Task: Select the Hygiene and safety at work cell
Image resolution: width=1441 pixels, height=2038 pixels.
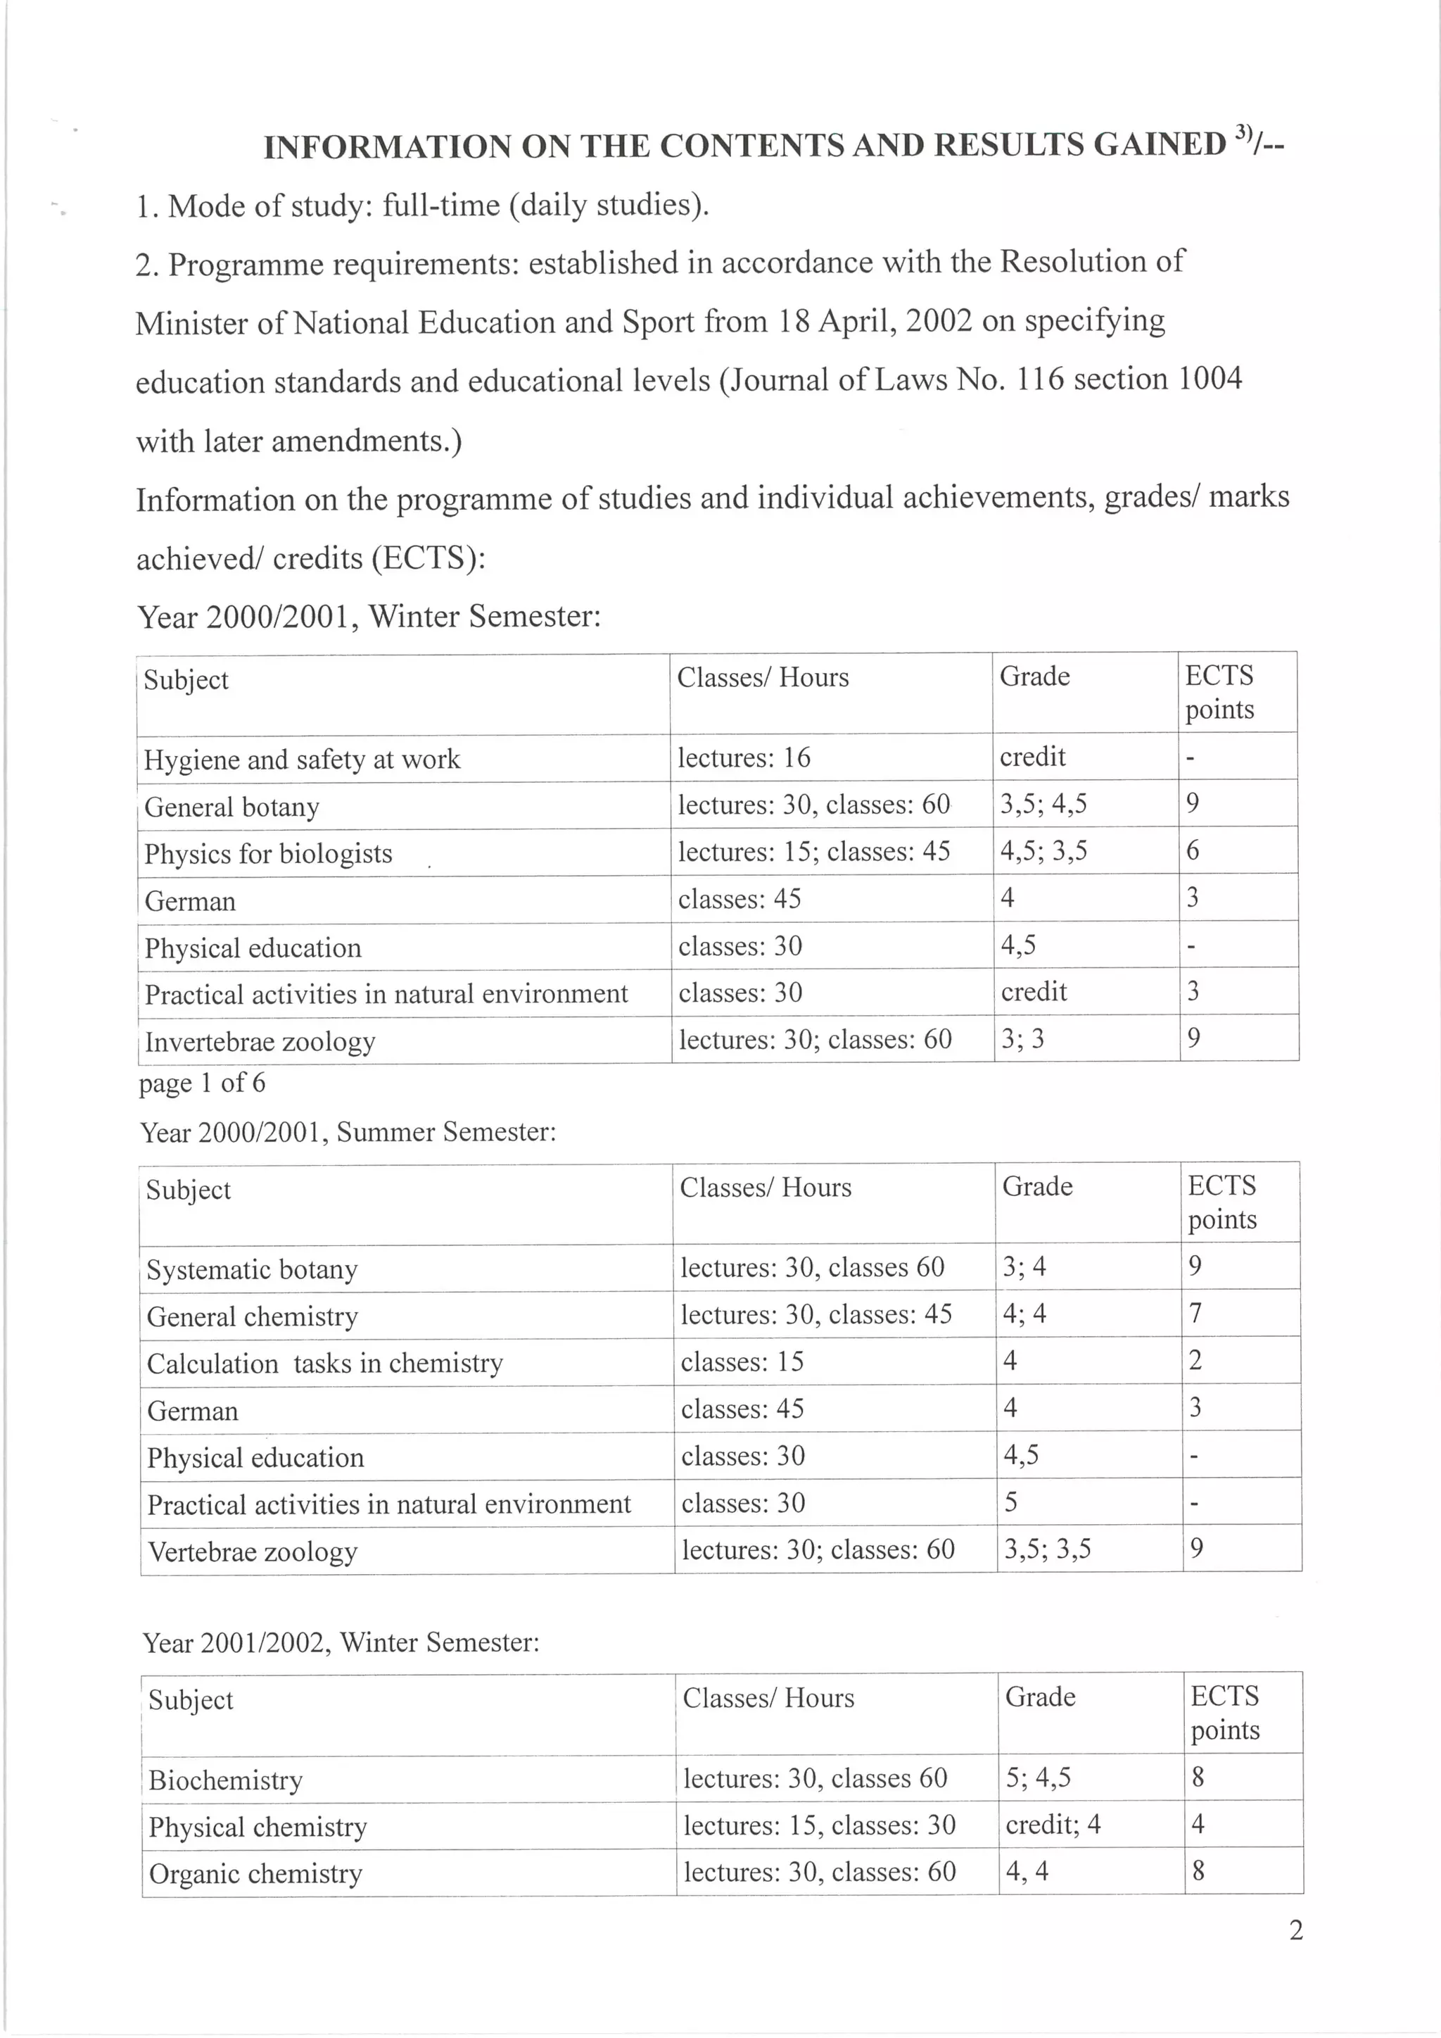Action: (303, 760)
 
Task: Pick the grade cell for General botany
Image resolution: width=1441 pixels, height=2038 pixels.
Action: (1043, 804)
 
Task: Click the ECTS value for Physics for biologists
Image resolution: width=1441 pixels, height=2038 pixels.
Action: (1193, 851)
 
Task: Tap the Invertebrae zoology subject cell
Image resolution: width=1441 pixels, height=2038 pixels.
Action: (260, 1041)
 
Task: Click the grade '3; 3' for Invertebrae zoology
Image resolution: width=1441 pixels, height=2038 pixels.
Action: (1022, 1040)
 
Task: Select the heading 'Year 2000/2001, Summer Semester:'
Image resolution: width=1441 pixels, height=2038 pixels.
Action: (348, 1133)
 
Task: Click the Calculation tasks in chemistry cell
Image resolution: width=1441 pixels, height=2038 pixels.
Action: (325, 1364)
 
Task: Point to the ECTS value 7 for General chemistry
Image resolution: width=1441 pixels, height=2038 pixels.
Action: (1195, 1314)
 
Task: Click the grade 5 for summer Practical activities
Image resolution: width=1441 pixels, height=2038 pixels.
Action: (1010, 1503)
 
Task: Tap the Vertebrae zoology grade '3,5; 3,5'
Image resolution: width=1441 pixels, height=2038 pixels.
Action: (1047, 1550)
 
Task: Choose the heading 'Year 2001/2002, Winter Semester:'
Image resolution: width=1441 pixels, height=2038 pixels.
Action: (341, 1643)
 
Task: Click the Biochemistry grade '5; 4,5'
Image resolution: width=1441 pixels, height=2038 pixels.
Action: (1038, 1778)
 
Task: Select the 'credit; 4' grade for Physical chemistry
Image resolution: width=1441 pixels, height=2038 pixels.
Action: (1053, 1825)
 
